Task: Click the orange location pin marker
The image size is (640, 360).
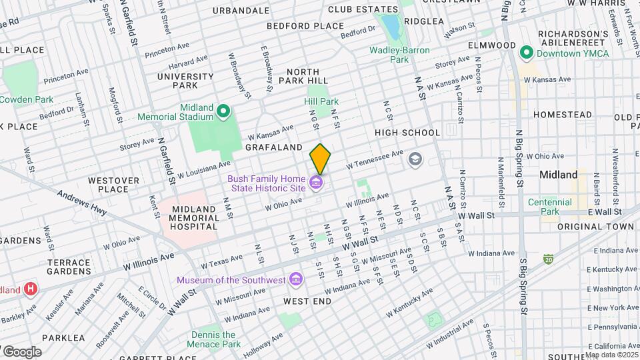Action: pos(320,159)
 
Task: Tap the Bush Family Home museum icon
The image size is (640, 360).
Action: pos(317,182)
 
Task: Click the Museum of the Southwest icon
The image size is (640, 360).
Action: pos(295,279)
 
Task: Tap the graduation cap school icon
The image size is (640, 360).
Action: pos(415,159)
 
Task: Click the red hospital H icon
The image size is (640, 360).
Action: pos(30,289)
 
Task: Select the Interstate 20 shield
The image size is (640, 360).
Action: pos(547,257)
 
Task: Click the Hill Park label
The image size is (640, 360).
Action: pos(321,101)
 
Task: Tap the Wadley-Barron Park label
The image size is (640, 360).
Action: pos(399,55)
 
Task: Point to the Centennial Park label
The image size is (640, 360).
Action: pos(550,207)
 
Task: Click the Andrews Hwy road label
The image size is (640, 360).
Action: pos(82,204)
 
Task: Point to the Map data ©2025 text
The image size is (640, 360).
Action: pos(611,355)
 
